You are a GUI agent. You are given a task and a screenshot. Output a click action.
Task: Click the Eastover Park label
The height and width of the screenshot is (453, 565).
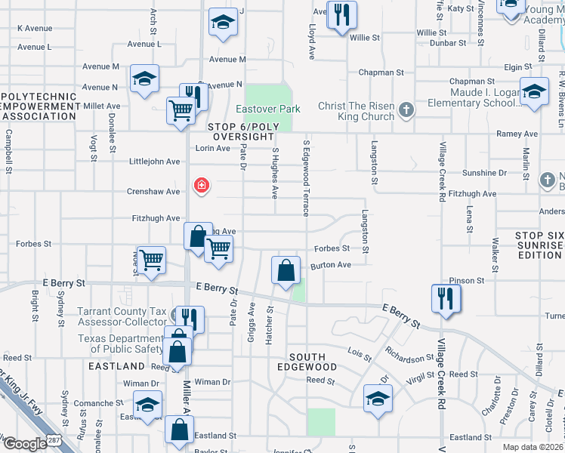(268, 109)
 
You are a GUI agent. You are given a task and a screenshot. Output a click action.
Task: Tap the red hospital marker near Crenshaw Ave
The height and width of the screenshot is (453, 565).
(201, 185)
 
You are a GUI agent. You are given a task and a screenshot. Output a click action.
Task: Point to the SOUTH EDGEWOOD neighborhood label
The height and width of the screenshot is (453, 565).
(307, 362)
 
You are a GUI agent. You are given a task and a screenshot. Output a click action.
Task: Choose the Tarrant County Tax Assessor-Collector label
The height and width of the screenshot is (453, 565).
(125, 317)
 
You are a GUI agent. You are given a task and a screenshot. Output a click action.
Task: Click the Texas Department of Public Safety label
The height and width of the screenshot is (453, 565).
(120, 344)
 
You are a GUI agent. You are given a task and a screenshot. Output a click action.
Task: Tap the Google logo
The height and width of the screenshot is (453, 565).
(25, 444)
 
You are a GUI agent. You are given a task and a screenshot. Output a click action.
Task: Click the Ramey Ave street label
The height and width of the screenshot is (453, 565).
(517, 134)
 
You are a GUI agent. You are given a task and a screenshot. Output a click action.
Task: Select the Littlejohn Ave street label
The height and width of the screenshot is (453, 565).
(155, 162)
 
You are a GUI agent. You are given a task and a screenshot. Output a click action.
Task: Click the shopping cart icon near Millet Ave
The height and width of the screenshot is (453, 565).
(181, 110)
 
